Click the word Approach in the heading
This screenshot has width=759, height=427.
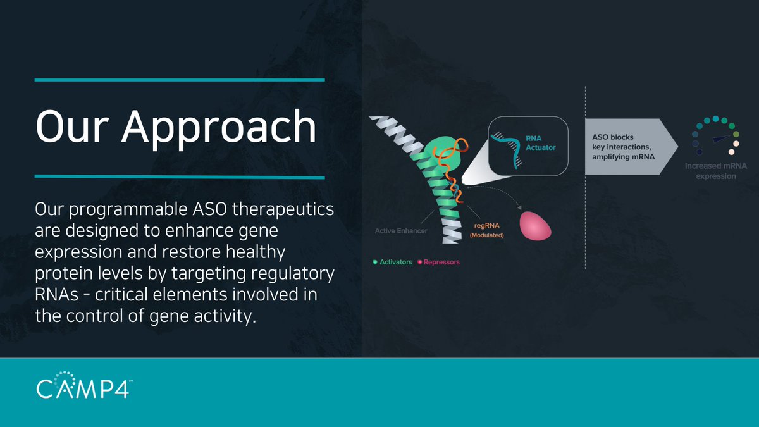(219, 127)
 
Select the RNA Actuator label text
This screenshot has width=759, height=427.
(539, 142)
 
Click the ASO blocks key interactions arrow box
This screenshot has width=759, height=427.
(626, 146)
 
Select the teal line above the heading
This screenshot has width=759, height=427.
(180, 80)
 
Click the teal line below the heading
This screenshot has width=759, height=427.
(180, 176)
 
